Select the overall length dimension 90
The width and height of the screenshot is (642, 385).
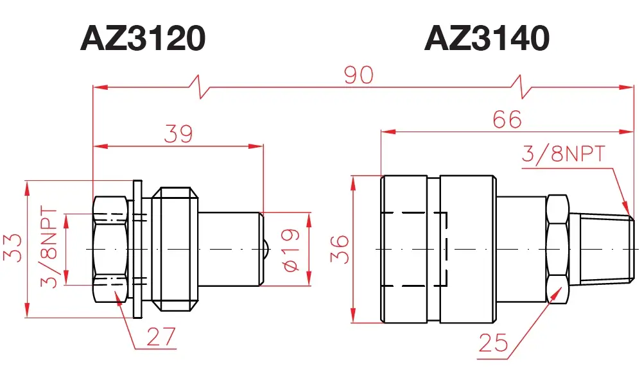coord(359,75)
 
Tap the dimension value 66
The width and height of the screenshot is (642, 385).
coord(507,119)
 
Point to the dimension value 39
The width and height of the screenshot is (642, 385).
coord(178,134)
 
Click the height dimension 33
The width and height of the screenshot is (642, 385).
coord(12,248)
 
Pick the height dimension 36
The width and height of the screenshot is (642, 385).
coord(340,249)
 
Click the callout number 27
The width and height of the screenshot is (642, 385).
coord(161,336)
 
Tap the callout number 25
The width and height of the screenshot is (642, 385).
coord(493,343)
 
